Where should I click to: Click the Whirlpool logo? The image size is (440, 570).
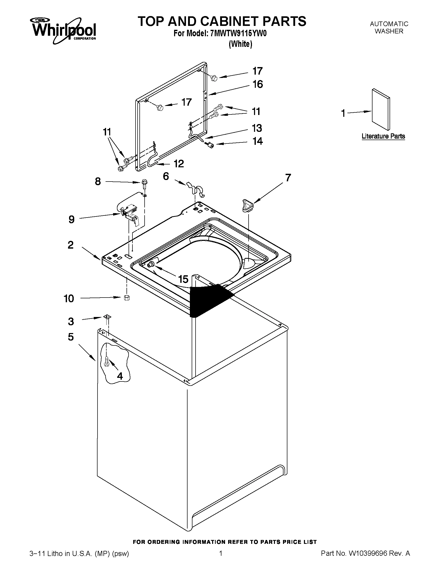64,30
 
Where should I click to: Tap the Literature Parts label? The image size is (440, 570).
383,136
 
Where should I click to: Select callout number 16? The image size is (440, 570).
258,84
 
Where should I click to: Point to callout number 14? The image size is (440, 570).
258,141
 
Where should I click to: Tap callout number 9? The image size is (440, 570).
71,219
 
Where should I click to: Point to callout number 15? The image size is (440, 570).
183,279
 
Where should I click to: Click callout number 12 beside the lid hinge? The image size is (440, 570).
179,164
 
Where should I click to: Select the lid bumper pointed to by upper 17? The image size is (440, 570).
214,77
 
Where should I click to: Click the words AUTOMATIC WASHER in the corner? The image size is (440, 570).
389,27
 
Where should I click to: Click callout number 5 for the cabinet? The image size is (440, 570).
71,337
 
